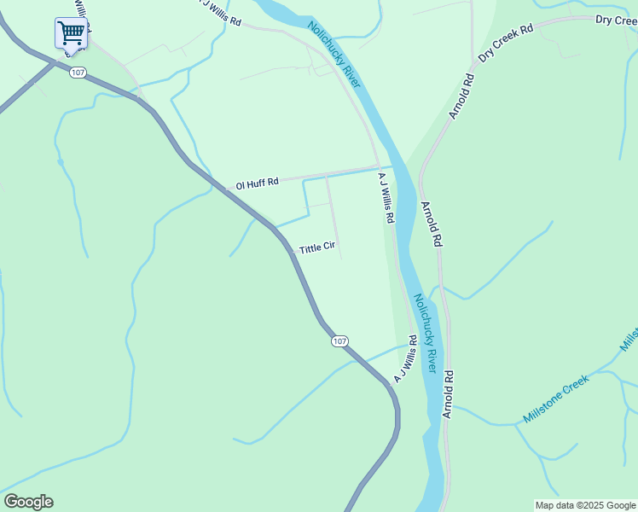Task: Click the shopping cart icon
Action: pos(72,32)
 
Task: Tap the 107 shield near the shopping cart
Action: pos(78,73)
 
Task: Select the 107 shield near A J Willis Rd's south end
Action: pos(339,341)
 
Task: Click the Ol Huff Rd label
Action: pos(257,183)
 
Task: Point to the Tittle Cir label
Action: pos(317,249)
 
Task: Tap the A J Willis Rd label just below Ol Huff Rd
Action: pos(386,198)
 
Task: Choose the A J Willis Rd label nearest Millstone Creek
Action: pos(405,358)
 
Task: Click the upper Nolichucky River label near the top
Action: pos(335,55)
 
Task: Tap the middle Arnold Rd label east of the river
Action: pos(432,224)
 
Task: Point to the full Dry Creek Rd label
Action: pos(505,42)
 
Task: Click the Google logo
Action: pos(28,502)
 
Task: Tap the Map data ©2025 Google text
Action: pos(585,505)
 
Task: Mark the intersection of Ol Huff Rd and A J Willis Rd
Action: pos(378,167)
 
